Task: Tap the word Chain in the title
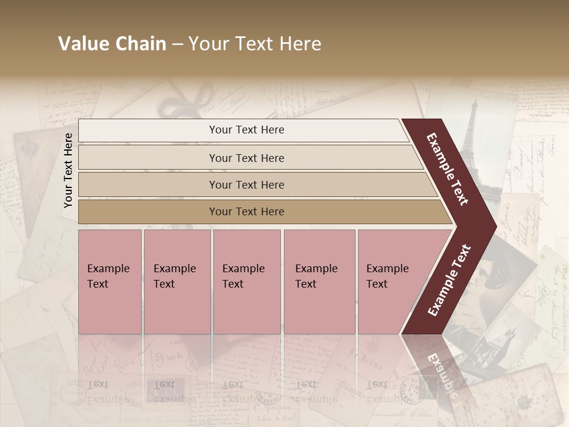pyautogui.click(x=139, y=44)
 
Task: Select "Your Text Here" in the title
pyautogui.click(x=255, y=44)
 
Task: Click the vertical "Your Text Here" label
pyautogui.click(x=68, y=170)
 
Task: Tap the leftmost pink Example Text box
pyautogui.click(x=110, y=282)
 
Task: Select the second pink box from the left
pyautogui.click(x=177, y=282)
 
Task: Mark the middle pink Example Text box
pyautogui.click(x=247, y=282)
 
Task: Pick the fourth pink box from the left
pyautogui.click(x=319, y=282)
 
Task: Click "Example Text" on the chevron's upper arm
pyautogui.click(x=447, y=169)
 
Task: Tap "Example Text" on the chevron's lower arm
pyautogui.click(x=449, y=280)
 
